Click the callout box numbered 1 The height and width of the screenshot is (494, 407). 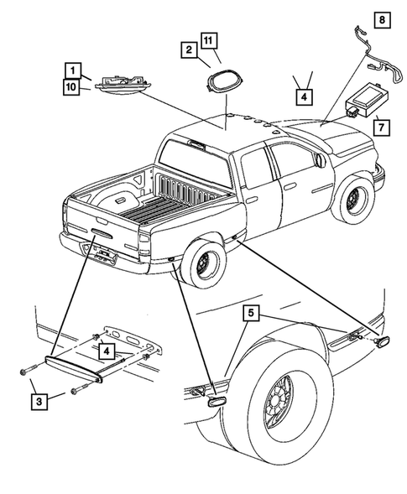(x=74, y=70)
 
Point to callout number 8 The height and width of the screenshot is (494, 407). (x=381, y=18)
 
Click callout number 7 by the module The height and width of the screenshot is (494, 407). (x=381, y=127)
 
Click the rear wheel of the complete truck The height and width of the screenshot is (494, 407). (x=201, y=265)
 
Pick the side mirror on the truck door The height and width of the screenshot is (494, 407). (x=320, y=159)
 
